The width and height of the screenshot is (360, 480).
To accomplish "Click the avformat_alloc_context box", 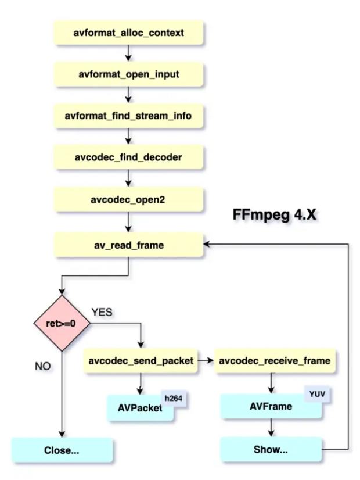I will tap(128, 33).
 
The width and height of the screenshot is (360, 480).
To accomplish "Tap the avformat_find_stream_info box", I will tap(128, 116).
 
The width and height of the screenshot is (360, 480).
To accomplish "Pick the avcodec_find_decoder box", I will tap(128, 156).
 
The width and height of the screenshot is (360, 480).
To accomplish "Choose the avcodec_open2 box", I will tap(128, 199).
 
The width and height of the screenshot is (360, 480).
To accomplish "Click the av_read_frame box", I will tap(128, 245).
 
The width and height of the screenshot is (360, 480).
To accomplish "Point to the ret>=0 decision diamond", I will tap(61, 323).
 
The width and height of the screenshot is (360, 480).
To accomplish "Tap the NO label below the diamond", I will tap(42, 367).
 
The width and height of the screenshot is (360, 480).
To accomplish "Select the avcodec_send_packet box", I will tap(141, 361).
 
